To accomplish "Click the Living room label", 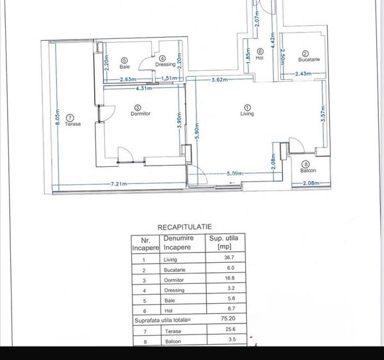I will point(247,114).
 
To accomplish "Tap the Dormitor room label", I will point(140,114).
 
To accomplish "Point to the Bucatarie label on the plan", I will point(309,59).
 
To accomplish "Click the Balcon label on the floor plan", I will point(308,171).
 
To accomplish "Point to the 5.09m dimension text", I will point(236,173).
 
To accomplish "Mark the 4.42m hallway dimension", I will point(273,41).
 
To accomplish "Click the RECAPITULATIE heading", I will point(185,226).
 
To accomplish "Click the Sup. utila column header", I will point(224,242).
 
